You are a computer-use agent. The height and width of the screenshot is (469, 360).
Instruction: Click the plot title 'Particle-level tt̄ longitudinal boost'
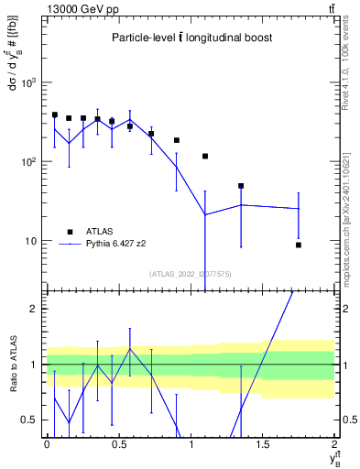(x=191, y=38)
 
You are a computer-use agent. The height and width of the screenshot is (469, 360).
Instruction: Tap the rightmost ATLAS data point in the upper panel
(x=299, y=245)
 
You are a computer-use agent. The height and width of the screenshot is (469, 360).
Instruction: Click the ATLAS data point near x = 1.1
(x=205, y=157)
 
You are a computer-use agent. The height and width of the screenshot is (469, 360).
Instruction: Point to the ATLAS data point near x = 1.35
(x=241, y=186)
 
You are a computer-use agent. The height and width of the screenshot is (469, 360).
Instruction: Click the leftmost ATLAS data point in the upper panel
(x=55, y=115)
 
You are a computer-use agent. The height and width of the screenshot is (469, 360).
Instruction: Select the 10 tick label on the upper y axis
(x=33, y=241)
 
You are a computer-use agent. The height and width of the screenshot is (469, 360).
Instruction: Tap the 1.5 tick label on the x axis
(x=263, y=443)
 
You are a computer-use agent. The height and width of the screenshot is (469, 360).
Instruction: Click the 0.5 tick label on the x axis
(x=118, y=443)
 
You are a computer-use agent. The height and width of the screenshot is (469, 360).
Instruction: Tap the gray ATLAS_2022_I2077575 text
(x=190, y=274)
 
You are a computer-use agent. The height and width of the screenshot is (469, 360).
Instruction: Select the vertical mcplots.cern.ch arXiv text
(x=345, y=215)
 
